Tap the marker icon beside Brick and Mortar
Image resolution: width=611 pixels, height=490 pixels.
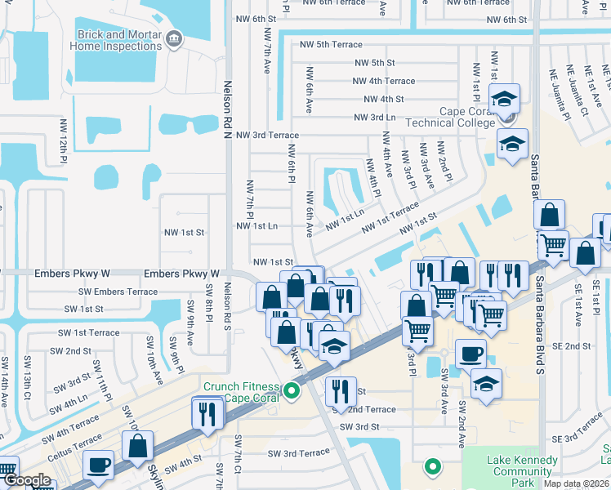coord(173,38)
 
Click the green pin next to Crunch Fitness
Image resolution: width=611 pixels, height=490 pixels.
coord(292,393)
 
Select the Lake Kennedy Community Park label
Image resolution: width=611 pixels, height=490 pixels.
coord(523,471)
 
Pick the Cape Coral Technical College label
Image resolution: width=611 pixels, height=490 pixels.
coord(467,118)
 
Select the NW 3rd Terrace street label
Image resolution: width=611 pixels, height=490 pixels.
coord(267,135)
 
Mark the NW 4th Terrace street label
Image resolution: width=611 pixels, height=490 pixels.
coord(383,81)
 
